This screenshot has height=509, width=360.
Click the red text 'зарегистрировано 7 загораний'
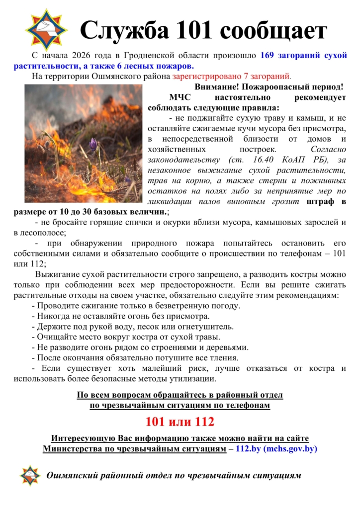231,77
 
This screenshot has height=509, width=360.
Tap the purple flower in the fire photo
92,145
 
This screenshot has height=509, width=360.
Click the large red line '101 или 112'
180,422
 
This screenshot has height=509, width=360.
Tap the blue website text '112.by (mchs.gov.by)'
276,448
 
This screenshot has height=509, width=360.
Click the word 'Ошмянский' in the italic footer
72,476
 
